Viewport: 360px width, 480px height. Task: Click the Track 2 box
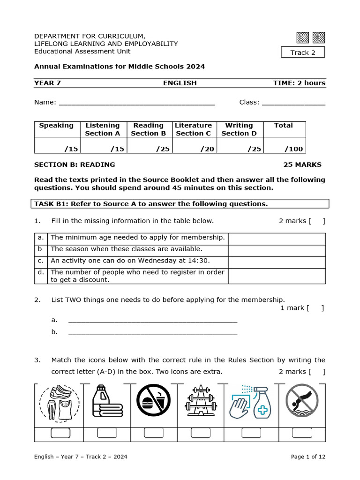tap(302, 52)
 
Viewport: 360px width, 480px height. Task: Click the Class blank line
tap(293, 103)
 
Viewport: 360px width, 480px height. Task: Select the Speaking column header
tap(56, 126)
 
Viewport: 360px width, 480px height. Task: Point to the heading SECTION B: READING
tap(75, 165)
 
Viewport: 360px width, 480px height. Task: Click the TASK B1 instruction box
tap(181, 204)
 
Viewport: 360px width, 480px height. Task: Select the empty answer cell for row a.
tap(277, 239)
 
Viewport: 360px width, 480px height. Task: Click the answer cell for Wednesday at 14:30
tap(277, 262)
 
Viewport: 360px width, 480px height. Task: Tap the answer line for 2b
tap(153, 332)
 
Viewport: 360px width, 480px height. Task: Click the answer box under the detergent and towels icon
tap(107, 433)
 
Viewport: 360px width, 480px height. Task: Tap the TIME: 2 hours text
tap(299, 83)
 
